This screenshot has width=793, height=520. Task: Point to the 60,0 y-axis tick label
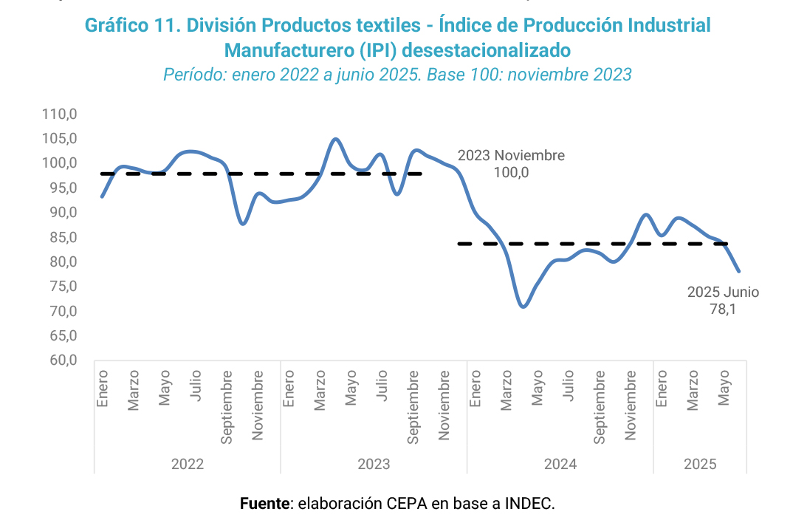point(62,360)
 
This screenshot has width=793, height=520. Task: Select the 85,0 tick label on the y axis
point(62,237)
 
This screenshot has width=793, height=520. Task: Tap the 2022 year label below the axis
point(188,465)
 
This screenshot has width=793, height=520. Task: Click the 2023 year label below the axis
point(374,465)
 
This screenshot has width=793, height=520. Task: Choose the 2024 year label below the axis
point(560,465)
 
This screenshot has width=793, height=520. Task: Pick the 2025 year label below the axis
point(700,465)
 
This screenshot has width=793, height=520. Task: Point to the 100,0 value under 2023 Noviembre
point(511,173)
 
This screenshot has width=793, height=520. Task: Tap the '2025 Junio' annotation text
point(723,292)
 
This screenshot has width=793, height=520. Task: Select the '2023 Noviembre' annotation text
point(511,156)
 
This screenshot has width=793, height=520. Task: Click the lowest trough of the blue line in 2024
point(523,306)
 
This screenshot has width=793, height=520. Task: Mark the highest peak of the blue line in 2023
point(335,139)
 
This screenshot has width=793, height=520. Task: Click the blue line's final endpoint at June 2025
point(739,271)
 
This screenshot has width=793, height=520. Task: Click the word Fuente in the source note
point(265,504)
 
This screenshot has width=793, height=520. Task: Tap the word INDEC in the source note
point(529,504)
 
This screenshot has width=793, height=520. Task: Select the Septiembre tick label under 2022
point(227,407)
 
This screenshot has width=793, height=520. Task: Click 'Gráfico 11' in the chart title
point(129,26)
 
